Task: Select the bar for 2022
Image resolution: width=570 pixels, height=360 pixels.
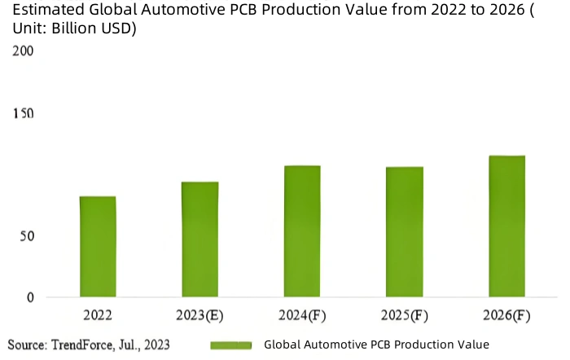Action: coord(98,246)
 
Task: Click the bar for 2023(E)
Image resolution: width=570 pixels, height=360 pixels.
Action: coord(199,239)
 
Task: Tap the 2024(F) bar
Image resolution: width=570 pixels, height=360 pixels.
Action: coord(302,230)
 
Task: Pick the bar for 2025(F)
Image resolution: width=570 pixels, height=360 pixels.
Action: coord(405,231)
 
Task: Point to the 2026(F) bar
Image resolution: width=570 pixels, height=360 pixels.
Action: coord(506,226)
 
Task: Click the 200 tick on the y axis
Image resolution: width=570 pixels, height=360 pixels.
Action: coord(23,50)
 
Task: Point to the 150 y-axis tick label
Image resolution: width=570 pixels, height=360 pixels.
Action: coord(23,112)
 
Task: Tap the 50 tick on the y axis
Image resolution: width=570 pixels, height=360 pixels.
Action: coord(26,236)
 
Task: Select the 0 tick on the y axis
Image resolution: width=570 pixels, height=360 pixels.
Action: coord(30,298)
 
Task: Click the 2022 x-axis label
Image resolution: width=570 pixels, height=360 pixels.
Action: coord(98,314)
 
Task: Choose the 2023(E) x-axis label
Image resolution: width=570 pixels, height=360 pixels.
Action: coord(199,314)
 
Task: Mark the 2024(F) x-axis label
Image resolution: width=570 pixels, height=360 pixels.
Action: coord(302,314)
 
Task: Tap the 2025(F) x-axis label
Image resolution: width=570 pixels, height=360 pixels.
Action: coord(405,314)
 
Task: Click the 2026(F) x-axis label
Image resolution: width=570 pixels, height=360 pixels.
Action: coord(506,314)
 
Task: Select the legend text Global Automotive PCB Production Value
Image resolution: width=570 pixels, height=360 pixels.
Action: coord(376,345)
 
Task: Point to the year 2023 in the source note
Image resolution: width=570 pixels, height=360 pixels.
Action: coord(156,345)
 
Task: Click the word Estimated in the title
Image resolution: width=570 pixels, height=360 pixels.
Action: coord(41,11)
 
